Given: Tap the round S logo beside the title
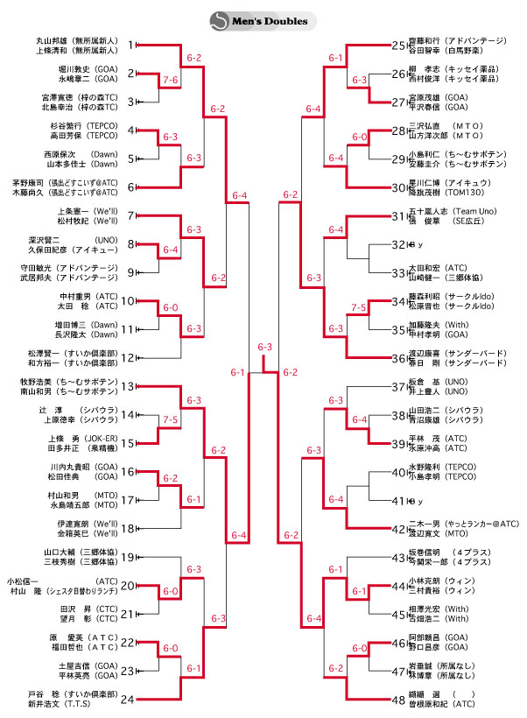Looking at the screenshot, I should point(220,20).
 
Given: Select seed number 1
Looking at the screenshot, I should point(130,45).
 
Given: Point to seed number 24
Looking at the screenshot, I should point(129,699).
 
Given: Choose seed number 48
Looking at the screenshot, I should point(399,699).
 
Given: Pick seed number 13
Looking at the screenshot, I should point(128,386).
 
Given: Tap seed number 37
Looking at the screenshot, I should point(399,386).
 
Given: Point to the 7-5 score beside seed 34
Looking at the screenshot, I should point(358,308).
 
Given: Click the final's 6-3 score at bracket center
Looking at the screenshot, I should point(265,348).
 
